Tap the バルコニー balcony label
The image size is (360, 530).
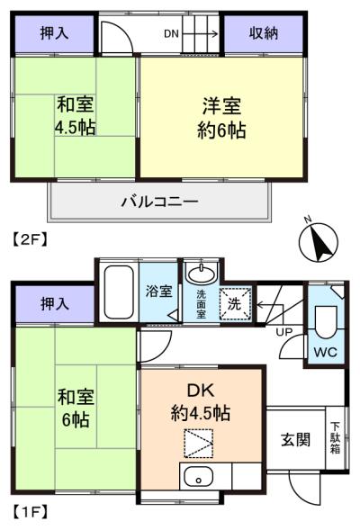tap(159, 202)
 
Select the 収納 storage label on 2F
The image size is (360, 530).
tap(264, 33)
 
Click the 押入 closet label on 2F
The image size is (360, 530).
tap(54, 33)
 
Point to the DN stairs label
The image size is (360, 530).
tap(171, 33)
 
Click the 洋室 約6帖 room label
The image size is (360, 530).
tap(221, 117)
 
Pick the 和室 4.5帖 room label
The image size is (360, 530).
tap(76, 115)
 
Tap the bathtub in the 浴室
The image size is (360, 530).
tap(119, 292)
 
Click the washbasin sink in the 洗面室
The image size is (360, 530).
tap(202, 274)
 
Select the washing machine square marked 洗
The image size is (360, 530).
tap(236, 303)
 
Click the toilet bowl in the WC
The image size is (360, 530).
tap(326, 321)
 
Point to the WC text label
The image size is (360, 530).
tap(326, 352)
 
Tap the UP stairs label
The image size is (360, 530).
tap(284, 332)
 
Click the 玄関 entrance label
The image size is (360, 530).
tap(295, 440)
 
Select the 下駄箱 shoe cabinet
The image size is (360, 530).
tap(336, 438)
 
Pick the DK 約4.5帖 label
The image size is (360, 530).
tap(201, 402)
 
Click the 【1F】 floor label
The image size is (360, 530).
tap(31, 512)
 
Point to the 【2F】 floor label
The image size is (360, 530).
tap(31, 240)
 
